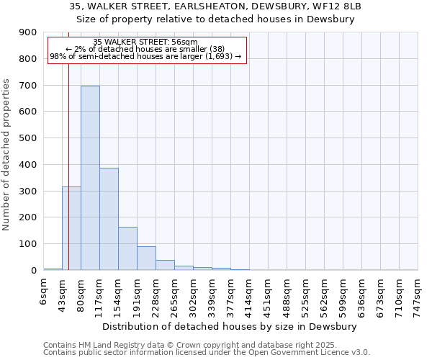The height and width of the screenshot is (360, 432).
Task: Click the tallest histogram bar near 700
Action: pos(90,178)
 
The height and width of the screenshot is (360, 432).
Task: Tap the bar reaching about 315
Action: pos(71,228)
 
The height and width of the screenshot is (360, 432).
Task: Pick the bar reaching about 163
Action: pos(127,248)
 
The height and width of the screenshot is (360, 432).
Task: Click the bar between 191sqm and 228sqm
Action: pos(146,258)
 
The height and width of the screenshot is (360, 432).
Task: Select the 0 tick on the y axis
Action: pos(34,270)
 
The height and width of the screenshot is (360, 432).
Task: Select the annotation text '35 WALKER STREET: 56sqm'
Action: pos(145,42)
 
